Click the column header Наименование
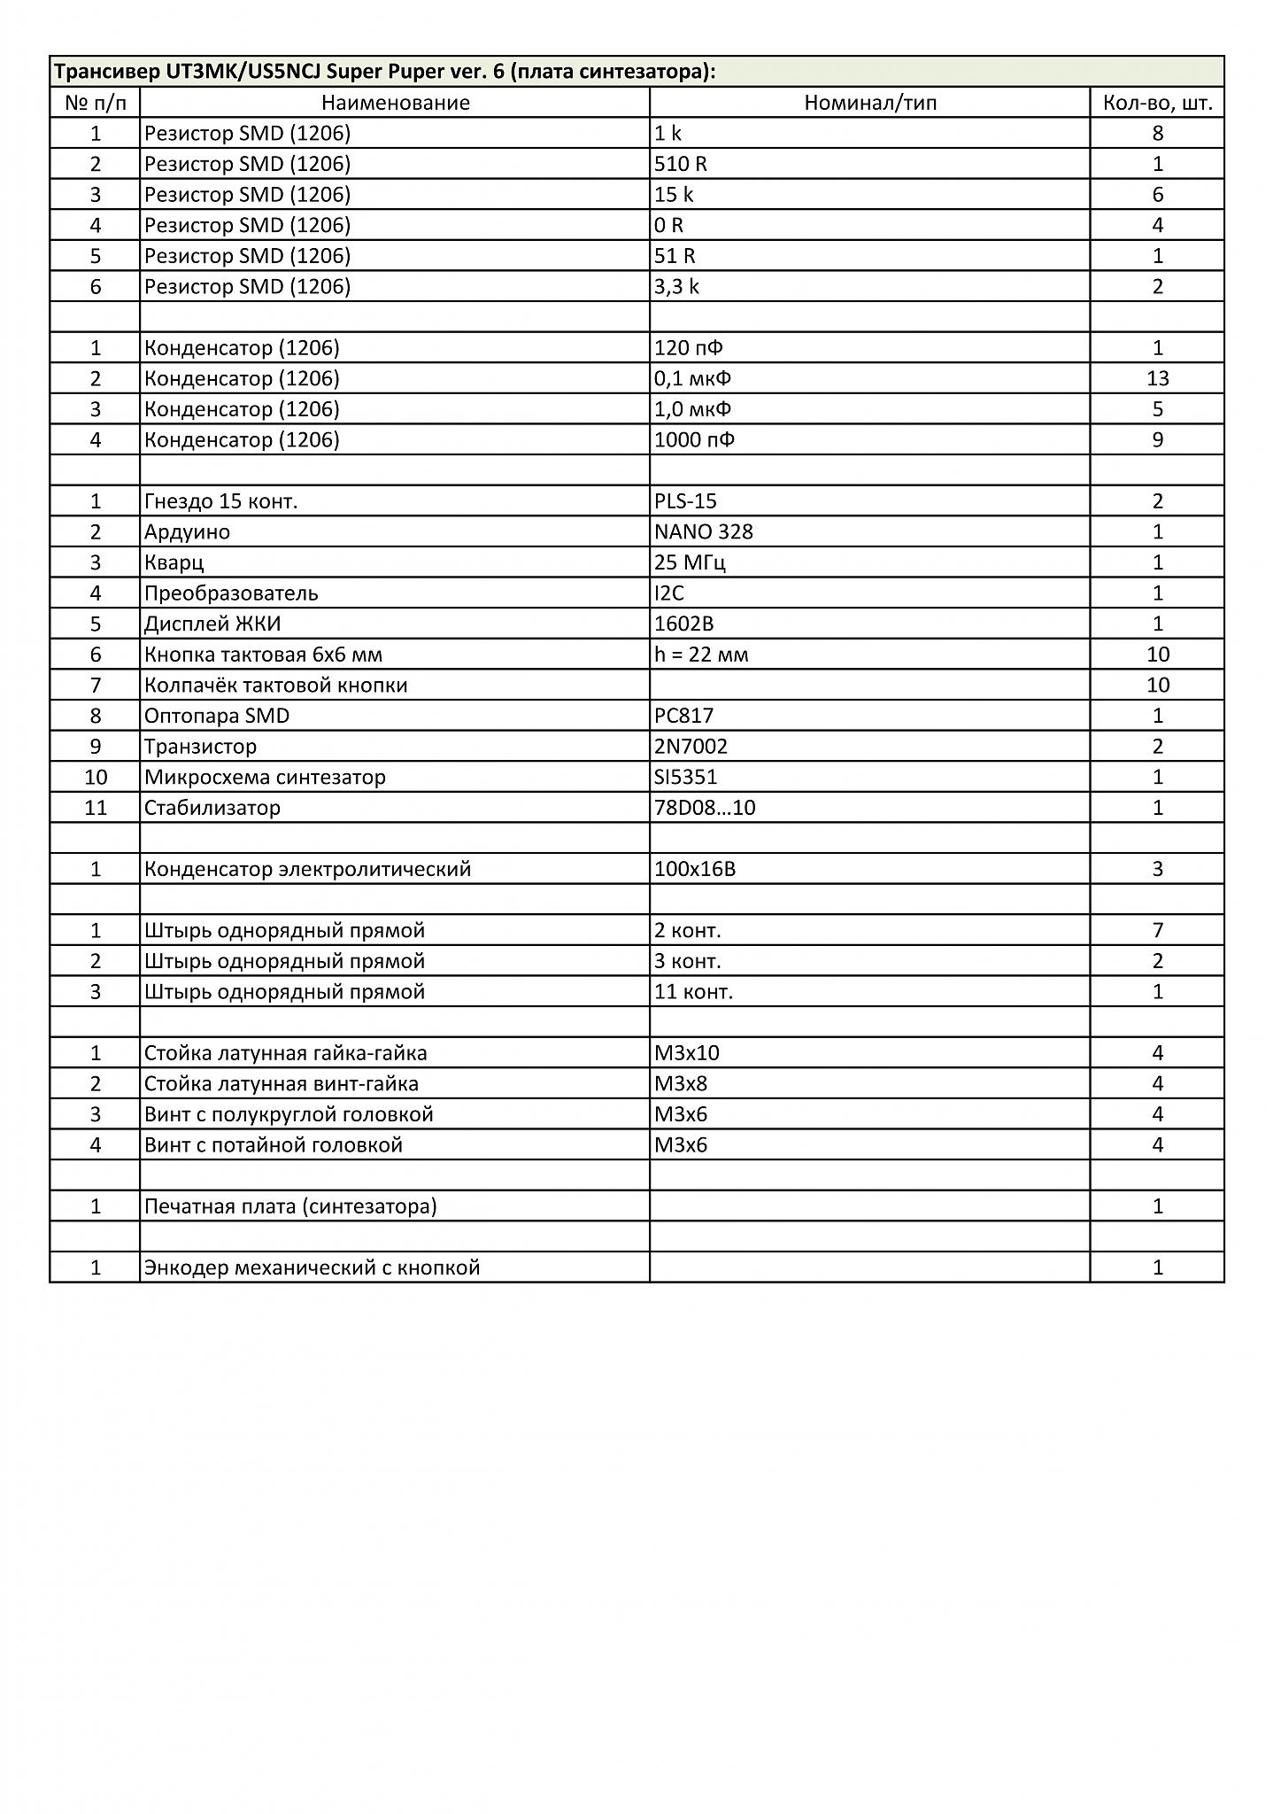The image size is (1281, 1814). (395, 103)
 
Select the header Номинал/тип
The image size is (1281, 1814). (869, 103)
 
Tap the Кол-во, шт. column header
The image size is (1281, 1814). (1157, 103)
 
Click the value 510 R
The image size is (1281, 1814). (681, 164)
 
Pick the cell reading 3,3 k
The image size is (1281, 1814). (676, 287)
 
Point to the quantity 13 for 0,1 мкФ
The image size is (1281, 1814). (1157, 379)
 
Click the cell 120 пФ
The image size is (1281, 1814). (688, 348)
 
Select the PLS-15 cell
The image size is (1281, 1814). (685, 501)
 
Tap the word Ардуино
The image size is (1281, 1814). (187, 532)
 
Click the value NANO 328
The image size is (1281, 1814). (703, 532)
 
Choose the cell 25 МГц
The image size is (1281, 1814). (690, 563)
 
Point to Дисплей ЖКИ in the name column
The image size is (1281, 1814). (212, 624)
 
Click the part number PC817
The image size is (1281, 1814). (683, 716)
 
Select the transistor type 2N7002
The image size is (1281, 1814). (691, 747)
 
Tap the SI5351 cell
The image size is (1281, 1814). (685, 778)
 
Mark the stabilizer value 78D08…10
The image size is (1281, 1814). (705, 808)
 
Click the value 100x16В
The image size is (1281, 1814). (695, 870)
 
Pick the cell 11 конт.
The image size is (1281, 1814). (693, 992)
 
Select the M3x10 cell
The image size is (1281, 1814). (686, 1053)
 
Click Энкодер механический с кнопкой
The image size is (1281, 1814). (312, 1267)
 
